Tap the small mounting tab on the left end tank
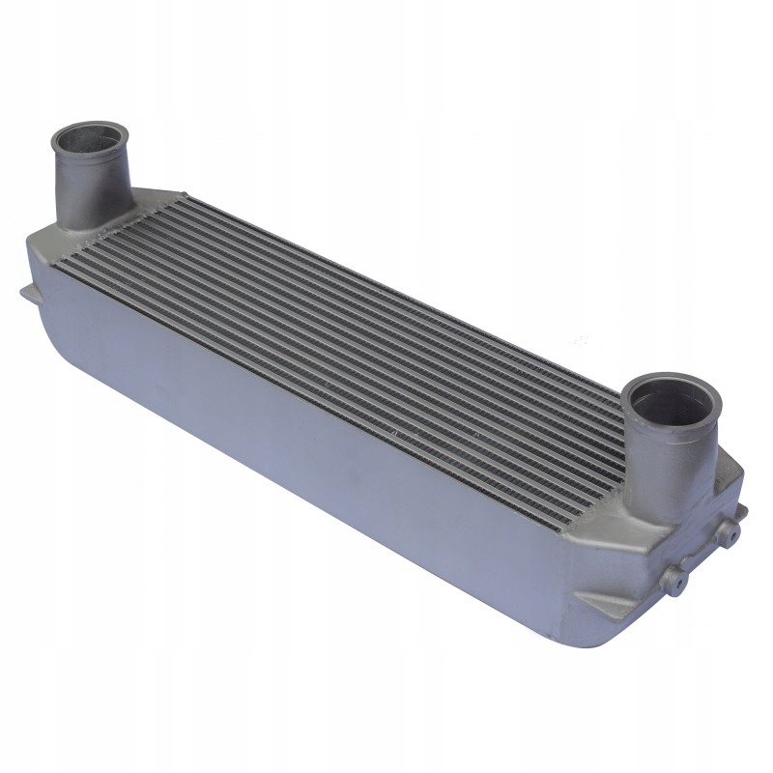(26, 292)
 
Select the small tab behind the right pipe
(739, 507)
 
